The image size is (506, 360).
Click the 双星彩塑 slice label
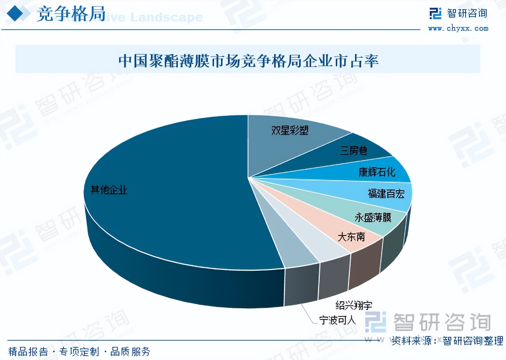click(x=290, y=130)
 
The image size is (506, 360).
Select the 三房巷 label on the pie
click(x=353, y=150)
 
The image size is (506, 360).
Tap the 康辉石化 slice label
click(x=377, y=172)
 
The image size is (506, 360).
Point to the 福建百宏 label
click(x=386, y=193)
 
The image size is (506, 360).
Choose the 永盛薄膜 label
click(x=372, y=217)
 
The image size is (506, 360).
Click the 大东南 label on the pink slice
click(x=351, y=236)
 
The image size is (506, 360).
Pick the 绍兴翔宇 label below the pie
click(x=354, y=305)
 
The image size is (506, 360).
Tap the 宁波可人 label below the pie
click(x=337, y=320)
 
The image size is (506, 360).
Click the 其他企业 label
click(x=109, y=190)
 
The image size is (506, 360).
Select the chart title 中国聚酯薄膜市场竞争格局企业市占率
click(x=248, y=61)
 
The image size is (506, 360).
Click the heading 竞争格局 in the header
click(x=71, y=14)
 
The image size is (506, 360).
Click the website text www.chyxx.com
click(x=458, y=28)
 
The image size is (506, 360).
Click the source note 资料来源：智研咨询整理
click(x=447, y=340)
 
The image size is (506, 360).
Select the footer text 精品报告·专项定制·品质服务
click(x=79, y=351)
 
